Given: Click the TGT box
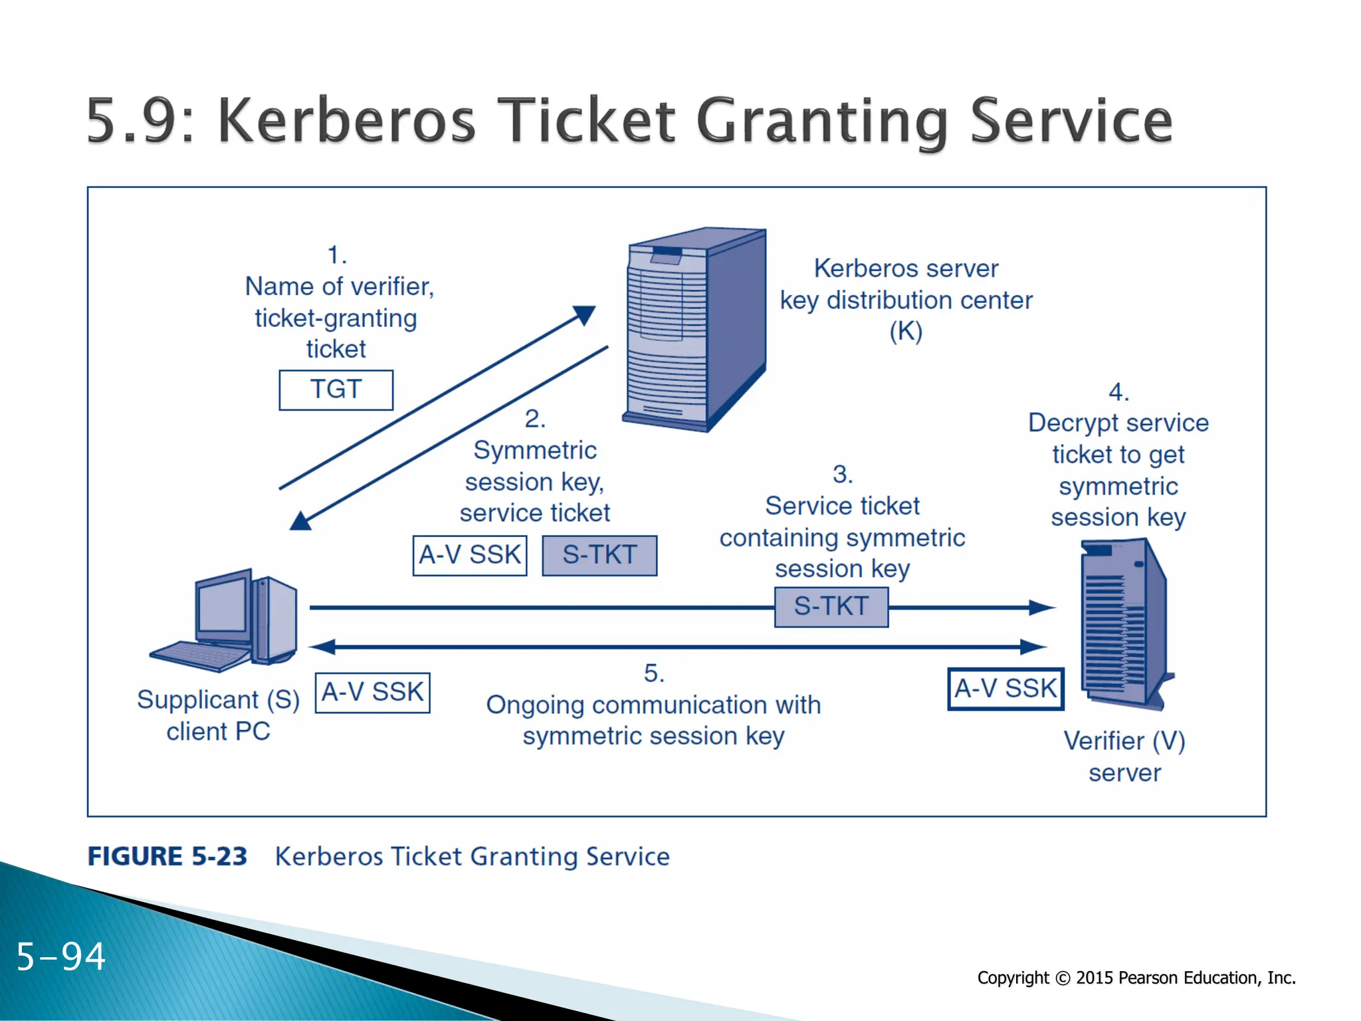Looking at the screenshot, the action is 336,390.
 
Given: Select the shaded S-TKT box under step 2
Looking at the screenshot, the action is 599,555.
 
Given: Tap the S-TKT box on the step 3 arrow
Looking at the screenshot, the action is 831,606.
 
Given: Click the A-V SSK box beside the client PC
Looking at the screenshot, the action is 372,693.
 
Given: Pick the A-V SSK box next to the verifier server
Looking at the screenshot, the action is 1005,689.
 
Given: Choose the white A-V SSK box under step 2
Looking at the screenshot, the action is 470,555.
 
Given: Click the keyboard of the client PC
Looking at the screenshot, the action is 199,655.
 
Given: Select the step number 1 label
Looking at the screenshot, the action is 337,255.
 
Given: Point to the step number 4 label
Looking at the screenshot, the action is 1118,392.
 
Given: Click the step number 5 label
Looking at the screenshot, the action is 654,673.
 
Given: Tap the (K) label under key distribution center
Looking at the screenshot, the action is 906,331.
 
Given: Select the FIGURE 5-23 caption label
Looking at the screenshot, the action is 167,856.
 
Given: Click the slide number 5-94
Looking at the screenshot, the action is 60,957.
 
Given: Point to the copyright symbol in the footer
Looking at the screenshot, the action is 1063,978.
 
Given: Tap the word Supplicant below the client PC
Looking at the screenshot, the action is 197,700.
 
